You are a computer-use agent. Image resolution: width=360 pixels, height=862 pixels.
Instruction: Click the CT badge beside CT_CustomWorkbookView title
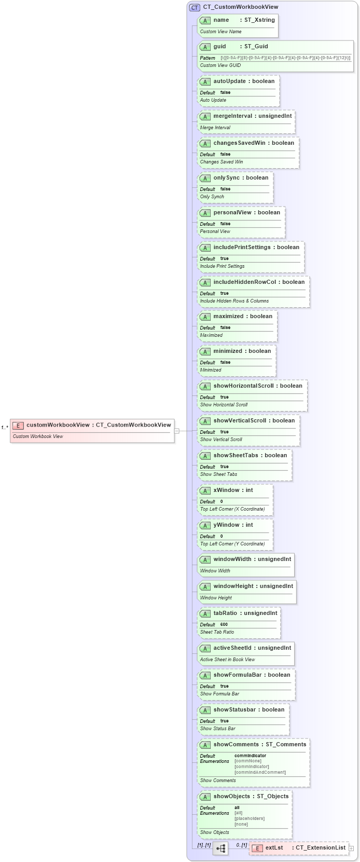click(x=195, y=7)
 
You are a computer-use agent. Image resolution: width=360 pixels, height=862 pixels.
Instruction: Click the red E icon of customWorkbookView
click(x=18, y=426)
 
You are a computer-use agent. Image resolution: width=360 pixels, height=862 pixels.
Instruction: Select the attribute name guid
click(x=220, y=47)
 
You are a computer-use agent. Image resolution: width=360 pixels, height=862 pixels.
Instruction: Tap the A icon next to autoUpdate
click(x=205, y=82)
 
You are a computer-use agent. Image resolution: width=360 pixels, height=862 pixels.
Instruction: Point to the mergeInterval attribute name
click(x=232, y=116)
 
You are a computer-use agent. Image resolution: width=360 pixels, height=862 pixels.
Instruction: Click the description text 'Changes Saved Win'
click(x=221, y=162)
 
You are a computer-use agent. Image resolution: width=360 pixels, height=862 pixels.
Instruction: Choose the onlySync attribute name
click(x=227, y=178)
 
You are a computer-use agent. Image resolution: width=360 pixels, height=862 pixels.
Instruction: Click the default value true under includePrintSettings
click(x=224, y=258)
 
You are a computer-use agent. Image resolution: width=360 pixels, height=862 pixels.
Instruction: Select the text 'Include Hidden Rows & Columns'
click(x=234, y=301)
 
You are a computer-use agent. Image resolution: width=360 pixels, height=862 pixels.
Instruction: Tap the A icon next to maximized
click(x=205, y=317)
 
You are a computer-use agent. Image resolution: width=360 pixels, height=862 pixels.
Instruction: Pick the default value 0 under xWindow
click(x=221, y=502)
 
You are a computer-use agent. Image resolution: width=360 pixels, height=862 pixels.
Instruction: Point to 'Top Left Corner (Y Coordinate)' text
click(x=232, y=544)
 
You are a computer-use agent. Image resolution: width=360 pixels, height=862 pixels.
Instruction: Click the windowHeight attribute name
click(x=233, y=586)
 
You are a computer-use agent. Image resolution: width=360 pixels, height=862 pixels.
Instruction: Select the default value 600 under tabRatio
click(x=224, y=625)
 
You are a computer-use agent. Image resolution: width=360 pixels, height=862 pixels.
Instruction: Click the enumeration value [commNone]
click(x=248, y=761)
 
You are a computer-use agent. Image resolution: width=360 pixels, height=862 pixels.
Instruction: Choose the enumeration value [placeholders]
click(x=250, y=819)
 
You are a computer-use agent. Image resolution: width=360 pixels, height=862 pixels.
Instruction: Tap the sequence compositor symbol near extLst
click(x=220, y=849)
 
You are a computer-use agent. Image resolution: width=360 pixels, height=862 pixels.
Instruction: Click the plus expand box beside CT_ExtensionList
click(x=351, y=849)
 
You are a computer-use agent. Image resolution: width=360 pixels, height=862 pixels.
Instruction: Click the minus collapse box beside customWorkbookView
click(x=177, y=431)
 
